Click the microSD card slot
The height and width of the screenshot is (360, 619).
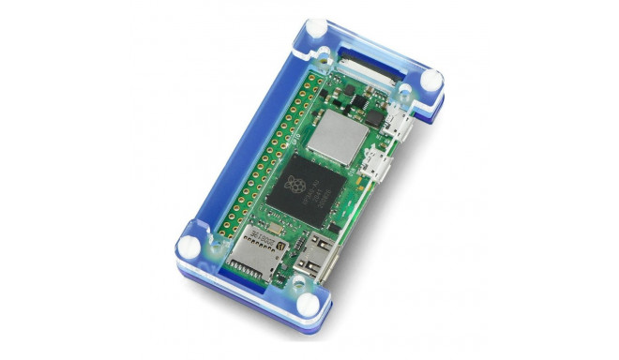tap(259, 253)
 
